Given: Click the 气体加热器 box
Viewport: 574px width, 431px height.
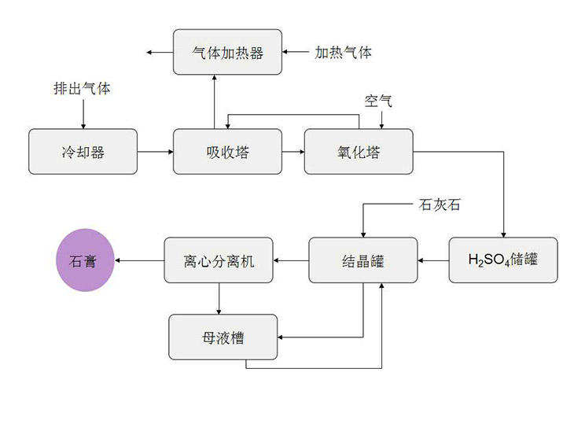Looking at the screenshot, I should click(x=227, y=53).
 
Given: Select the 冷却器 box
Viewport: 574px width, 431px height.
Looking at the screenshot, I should click(x=83, y=152).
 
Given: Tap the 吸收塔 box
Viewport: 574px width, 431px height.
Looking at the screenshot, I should click(x=227, y=152).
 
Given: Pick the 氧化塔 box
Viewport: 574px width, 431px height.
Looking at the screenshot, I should click(x=358, y=152).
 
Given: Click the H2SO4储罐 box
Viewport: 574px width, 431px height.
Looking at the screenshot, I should click(x=503, y=260).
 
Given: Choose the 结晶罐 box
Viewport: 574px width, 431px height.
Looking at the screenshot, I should click(x=362, y=260).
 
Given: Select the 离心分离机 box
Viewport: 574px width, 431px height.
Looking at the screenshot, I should click(x=219, y=260).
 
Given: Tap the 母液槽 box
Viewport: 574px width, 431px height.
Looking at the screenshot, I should click(x=223, y=337).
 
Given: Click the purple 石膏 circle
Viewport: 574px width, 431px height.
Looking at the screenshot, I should click(x=84, y=260).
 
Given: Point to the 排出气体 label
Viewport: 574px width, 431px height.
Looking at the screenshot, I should click(x=82, y=89).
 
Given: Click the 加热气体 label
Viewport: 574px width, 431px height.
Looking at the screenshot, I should click(x=344, y=53).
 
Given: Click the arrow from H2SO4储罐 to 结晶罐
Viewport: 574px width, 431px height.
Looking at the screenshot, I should click(x=432, y=260).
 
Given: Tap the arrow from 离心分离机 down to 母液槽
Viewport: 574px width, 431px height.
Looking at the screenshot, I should click(x=219, y=299).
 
